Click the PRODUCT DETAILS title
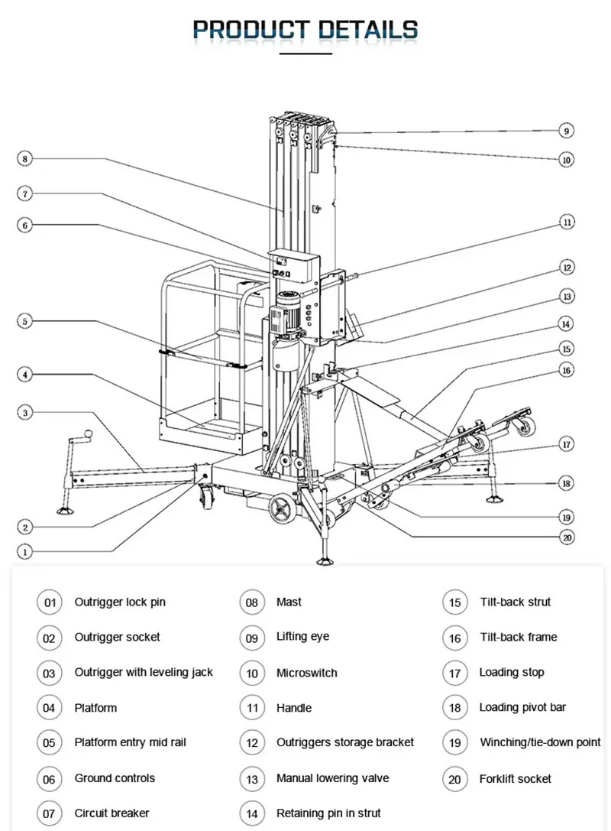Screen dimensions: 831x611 305,30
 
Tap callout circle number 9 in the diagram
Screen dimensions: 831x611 566,131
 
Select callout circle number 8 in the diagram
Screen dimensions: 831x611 25,159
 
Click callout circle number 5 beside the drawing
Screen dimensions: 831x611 25,321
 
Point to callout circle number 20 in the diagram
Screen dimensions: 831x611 566,537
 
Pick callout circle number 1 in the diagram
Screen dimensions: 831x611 25,550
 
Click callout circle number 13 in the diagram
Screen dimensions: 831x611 566,296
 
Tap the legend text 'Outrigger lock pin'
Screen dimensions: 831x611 120,602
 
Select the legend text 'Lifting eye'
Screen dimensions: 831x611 302,637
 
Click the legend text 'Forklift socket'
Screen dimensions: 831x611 516,779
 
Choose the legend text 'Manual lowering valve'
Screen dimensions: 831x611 332,778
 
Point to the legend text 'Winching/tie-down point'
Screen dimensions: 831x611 540,742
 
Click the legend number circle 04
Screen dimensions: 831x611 49,708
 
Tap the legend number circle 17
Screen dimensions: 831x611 454,673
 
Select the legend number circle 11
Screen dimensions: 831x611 252,708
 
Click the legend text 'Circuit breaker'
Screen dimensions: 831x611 112,813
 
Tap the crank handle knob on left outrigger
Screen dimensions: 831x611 89,434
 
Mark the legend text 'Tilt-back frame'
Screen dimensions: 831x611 519,637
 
